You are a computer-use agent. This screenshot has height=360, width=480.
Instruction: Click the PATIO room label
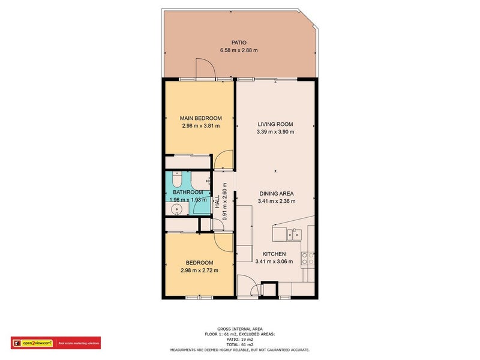pyautogui.click(x=239, y=43)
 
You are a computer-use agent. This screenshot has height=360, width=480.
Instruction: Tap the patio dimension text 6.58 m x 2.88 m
pyautogui.click(x=239, y=50)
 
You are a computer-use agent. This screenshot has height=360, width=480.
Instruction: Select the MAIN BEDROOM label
pyautogui.click(x=201, y=118)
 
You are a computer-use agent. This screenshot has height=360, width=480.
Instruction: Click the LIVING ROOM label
pyautogui.click(x=275, y=124)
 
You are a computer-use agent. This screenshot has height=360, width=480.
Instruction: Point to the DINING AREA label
pyautogui.click(x=276, y=193)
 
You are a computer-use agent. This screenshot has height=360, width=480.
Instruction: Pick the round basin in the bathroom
pyautogui.click(x=176, y=210)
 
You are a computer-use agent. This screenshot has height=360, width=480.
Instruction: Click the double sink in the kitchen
pyautogui.click(x=293, y=235)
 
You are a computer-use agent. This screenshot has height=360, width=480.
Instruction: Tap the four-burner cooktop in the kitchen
pyautogui.click(x=308, y=259)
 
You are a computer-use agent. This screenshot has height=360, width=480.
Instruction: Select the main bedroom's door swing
pyautogui.click(x=223, y=160)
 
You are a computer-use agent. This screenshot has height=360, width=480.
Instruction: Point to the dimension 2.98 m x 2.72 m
pyautogui.click(x=199, y=271)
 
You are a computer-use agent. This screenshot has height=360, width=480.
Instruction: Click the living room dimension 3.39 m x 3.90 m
pyautogui.click(x=275, y=132)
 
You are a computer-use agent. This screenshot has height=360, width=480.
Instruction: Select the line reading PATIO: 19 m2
pyautogui.click(x=240, y=340)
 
